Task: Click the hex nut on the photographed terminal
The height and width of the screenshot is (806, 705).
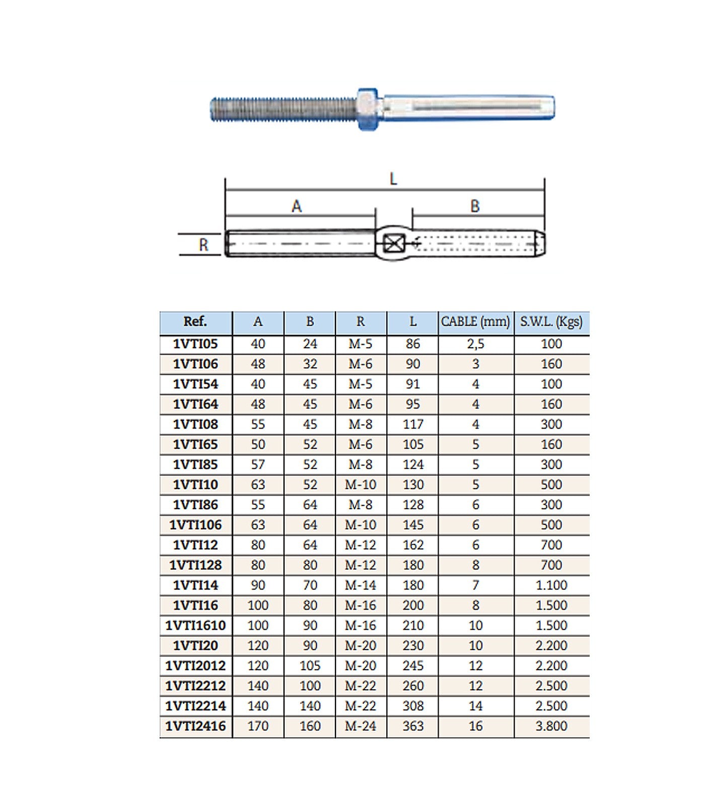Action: [x=368, y=109]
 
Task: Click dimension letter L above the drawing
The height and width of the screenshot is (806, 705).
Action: [x=393, y=179]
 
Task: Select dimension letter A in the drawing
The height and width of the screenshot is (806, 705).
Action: [x=297, y=206]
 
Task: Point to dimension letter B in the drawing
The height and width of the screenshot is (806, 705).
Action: [x=475, y=206]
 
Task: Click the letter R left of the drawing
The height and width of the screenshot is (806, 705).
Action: [x=203, y=245]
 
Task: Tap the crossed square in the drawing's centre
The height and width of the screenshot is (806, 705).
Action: [x=393, y=244]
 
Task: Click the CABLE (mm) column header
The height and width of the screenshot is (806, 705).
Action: [x=475, y=321]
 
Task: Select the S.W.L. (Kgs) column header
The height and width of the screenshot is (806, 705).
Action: [x=551, y=321]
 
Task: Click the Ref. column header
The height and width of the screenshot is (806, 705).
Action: [x=195, y=321]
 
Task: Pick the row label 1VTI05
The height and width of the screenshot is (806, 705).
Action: [x=195, y=344]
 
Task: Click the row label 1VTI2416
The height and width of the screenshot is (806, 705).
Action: [x=195, y=726]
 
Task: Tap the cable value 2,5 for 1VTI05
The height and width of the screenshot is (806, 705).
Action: [x=475, y=344]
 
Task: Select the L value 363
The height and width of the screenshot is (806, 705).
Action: [x=413, y=726]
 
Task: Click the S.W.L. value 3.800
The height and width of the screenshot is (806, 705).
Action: [x=551, y=726]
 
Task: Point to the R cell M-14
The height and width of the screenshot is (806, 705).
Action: [x=361, y=585]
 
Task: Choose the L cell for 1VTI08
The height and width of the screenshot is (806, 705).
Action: [x=413, y=424]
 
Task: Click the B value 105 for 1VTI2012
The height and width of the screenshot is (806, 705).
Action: [x=310, y=665]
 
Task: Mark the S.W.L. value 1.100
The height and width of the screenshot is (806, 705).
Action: [x=551, y=585]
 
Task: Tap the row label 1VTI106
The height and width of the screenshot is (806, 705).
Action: [x=195, y=525]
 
